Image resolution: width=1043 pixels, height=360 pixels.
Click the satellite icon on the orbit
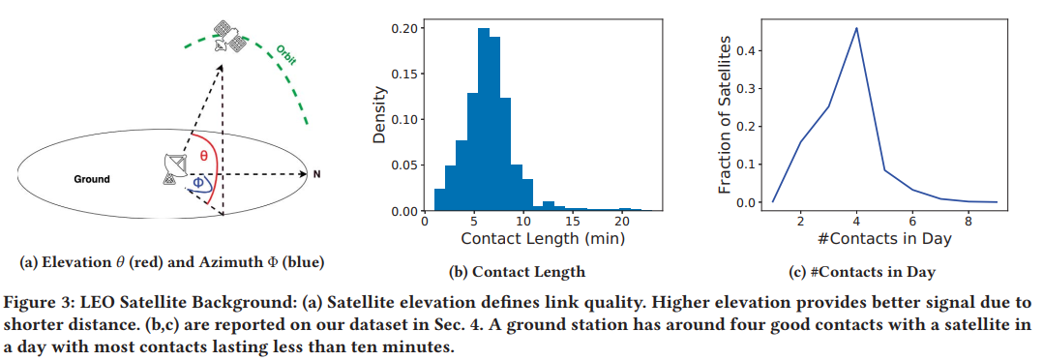click(x=230, y=34)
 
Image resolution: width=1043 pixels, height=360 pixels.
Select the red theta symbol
click(x=203, y=156)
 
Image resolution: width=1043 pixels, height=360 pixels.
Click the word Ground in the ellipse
click(x=92, y=179)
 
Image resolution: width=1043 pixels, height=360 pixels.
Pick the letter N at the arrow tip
click(x=315, y=175)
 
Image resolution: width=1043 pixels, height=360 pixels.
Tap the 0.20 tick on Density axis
click(x=405, y=28)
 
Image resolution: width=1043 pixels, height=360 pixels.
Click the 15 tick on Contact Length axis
click(x=573, y=222)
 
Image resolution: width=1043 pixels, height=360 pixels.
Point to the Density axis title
click(x=380, y=116)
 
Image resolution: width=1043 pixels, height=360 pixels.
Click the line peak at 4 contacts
click(x=856, y=28)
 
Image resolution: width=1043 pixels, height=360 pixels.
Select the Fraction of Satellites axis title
click(x=724, y=116)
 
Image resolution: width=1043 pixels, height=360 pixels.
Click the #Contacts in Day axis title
click(x=884, y=238)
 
